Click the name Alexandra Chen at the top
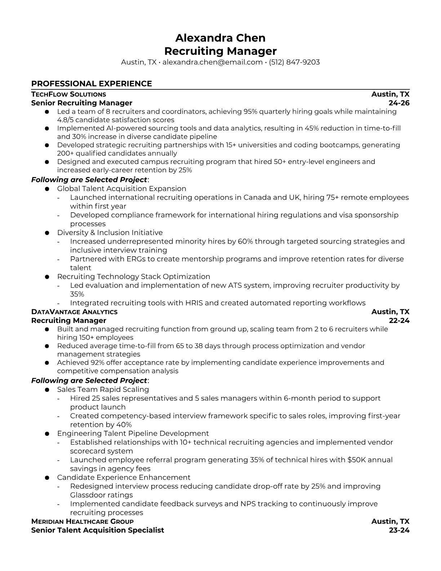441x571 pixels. [220, 38]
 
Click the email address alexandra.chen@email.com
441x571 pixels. [212, 62]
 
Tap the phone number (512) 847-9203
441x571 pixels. [294, 62]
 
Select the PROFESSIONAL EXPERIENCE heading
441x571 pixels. [92, 84]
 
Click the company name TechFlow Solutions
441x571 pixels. [68, 94]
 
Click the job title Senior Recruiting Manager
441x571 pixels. [82, 103]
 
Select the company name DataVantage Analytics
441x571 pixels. [74, 312]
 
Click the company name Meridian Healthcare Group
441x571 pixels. [82, 522]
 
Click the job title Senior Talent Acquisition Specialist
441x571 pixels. [97, 530]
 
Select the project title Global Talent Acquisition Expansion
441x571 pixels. [121, 189]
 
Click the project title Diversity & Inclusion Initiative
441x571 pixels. [110, 233]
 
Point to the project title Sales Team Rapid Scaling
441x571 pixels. [103, 389]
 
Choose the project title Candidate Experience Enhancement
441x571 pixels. [124, 477]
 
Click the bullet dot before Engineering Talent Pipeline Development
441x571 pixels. [47, 434]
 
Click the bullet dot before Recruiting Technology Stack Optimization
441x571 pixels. [47, 277]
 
